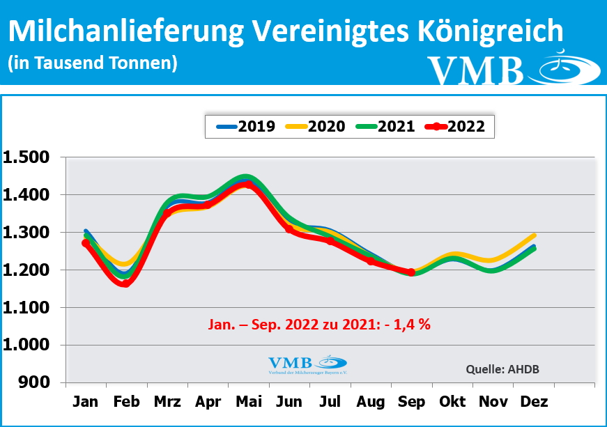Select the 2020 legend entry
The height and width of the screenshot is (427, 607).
click(315, 127)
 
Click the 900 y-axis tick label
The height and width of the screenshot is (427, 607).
click(36, 382)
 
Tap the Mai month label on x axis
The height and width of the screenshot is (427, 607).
click(248, 402)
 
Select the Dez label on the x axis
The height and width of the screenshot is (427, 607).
click(534, 402)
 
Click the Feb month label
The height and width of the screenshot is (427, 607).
click(126, 402)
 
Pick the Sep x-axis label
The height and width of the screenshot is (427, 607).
click(411, 402)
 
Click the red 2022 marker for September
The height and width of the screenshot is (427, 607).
click(411, 272)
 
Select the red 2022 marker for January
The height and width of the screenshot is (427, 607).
click(86, 243)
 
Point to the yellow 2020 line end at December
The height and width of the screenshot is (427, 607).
click(534, 235)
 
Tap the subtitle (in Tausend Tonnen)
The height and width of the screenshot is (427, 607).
click(93, 63)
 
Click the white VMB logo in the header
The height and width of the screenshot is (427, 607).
click(512, 70)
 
